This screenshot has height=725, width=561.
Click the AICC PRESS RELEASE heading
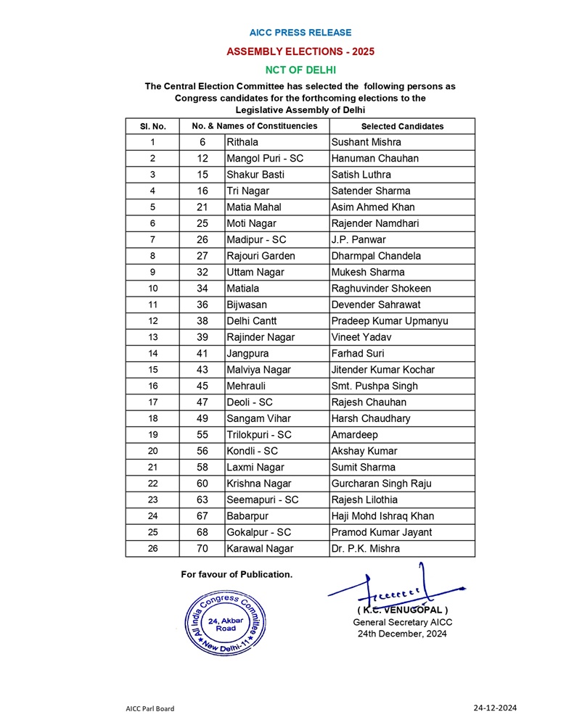300,33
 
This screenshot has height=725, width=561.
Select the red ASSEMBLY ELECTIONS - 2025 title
300,51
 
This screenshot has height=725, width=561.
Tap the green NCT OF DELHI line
300,70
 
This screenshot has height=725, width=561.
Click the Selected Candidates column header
402,126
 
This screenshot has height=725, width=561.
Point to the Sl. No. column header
152,126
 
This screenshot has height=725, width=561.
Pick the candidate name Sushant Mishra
366,142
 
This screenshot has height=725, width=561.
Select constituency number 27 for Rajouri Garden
202,256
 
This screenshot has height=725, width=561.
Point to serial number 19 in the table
152,435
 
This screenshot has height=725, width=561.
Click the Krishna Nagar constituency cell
258,484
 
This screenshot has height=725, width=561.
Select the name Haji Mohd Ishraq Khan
382,516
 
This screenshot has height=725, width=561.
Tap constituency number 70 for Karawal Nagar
202,549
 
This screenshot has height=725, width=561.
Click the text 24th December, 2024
401,634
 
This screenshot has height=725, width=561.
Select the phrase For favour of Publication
237,574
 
